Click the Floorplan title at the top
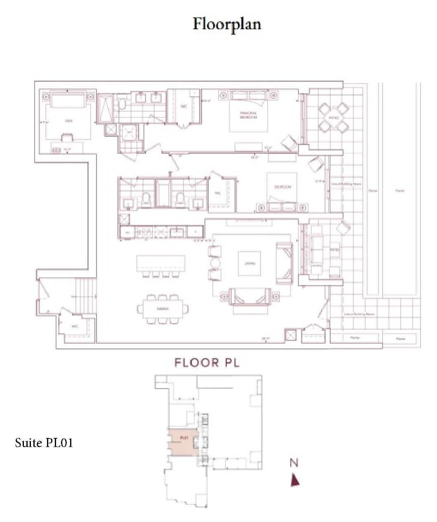pos(227,24)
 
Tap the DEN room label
pos(68,121)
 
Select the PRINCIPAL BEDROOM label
pos(249,115)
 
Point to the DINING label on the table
pos(163,308)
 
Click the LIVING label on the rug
pos(249,263)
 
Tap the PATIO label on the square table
pos(334,118)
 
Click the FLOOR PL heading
pos(207,363)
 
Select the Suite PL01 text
pos(44,443)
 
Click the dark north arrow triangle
pos(295,480)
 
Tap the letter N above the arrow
pos(294,463)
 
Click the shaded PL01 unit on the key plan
pos(183,442)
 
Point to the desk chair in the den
pos(66,138)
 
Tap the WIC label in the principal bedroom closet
pos(184,106)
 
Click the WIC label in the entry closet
pos(75,326)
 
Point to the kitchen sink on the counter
pos(177,232)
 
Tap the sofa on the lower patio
pos(316,249)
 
